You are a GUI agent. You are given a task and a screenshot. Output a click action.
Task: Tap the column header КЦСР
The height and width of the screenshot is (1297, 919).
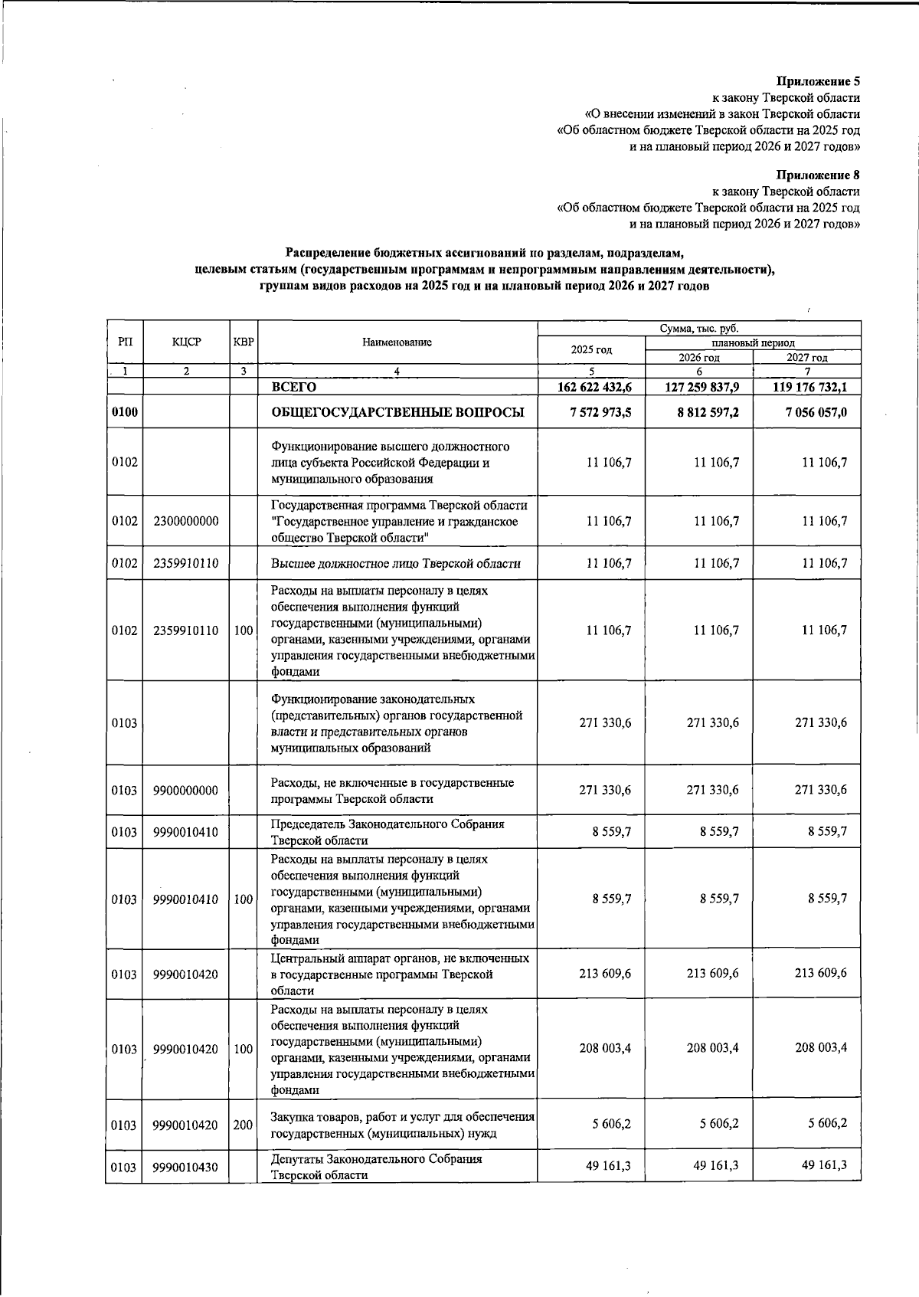click(187, 342)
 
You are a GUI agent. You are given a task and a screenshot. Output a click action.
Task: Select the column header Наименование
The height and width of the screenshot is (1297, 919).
click(397, 342)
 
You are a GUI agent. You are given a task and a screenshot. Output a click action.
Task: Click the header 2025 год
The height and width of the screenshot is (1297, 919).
click(591, 350)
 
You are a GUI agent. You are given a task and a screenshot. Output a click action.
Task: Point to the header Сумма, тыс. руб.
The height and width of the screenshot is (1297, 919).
click(699, 329)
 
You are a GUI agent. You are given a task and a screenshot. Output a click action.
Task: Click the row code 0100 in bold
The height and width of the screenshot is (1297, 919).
click(124, 413)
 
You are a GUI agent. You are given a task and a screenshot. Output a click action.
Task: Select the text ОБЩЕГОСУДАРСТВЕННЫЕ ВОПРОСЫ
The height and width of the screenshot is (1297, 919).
click(397, 413)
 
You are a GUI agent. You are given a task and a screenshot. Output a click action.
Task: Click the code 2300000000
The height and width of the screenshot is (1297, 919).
click(185, 521)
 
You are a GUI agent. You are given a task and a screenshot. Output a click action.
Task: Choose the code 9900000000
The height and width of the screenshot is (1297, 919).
click(185, 791)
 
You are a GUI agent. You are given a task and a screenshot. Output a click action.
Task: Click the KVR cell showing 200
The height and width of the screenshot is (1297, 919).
click(243, 1125)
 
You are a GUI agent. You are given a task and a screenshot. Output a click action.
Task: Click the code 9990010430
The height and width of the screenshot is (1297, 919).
click(185, 1168)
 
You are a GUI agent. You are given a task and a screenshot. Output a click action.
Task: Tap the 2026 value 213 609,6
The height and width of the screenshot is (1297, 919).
click(712, 974)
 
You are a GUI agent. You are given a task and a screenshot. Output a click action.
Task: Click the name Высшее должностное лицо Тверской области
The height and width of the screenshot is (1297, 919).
click(396, 564)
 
